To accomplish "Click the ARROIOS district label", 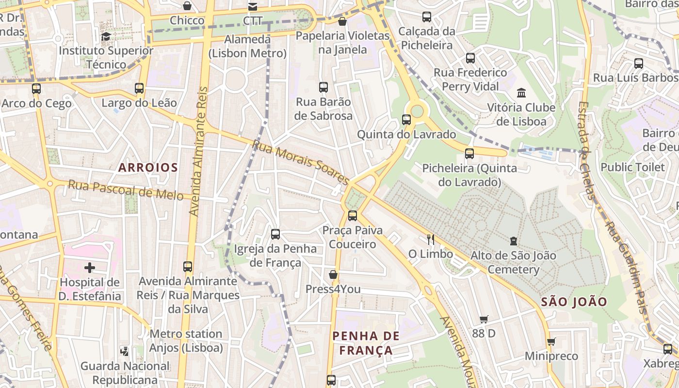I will tap(148, 168).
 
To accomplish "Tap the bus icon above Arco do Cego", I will tap(36, 89).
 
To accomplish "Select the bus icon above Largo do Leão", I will tap(139, 88).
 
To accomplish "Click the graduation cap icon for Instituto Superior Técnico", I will tap(106, 36).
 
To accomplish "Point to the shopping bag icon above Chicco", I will tap(187, 6).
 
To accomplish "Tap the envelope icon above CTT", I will tap(253, 6).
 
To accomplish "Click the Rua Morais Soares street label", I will tap(300, 162).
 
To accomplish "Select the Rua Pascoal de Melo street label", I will tap(126, 190).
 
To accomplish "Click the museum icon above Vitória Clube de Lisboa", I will tap(521, 93).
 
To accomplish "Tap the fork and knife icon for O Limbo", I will tap(430, 239).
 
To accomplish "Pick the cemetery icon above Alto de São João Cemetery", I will tap(514, 241).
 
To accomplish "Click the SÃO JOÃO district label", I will tap(574, 302).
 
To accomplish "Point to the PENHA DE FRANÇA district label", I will tap(366, 343).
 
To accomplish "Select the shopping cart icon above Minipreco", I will tap(551, 342).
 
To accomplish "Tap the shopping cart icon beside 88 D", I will tap(484, 319).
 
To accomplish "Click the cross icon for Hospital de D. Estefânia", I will tap(90, 268).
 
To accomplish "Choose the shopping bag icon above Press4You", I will tap(333, 275).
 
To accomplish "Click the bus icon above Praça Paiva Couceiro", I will tap(353, 216).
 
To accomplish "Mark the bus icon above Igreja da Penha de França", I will tap(275, 234).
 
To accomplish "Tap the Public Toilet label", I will tap(632, 167).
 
